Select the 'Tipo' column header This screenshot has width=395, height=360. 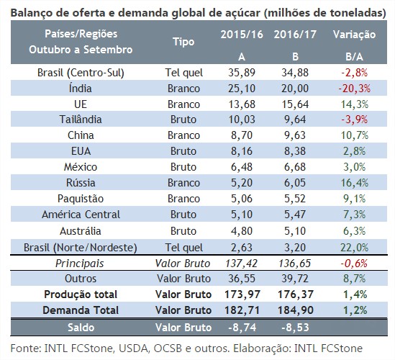point(183,42)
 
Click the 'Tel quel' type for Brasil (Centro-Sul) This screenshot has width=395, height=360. point(183,72)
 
